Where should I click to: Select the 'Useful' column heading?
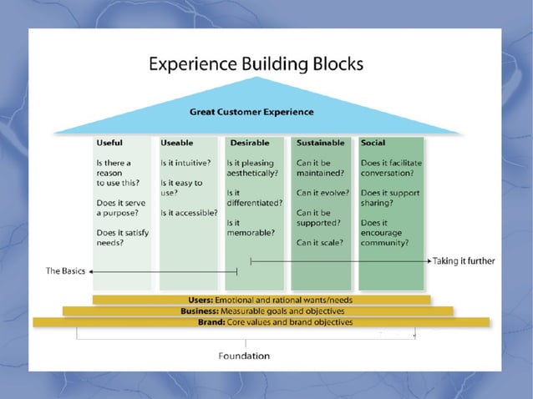(x=109, y=143)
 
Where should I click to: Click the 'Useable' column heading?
(x=177, y=143)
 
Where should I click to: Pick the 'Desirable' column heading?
(x=249, y=143)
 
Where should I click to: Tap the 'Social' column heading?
(x=373, y=143)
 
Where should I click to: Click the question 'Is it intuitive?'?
(x=185, y=163)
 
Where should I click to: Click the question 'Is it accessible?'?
(x=189, y=213)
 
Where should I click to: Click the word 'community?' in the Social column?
(x=385, y=243)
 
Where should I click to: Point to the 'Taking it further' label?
(x=464, y=261)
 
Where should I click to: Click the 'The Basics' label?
(x=66, y=272)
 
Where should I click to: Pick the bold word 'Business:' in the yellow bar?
(x=200, y=311)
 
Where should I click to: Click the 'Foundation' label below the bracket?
(x=244, y=356)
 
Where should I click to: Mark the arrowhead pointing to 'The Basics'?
(x=92, y=271)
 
